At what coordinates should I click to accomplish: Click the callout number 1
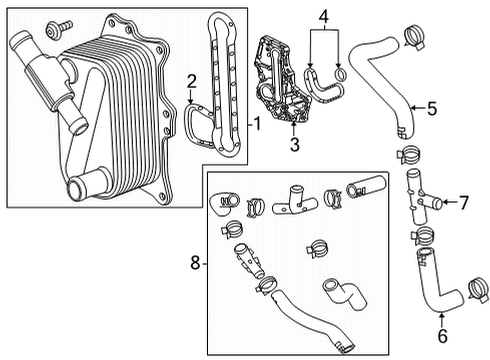pos(258,125)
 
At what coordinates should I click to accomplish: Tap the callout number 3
pos(293,144)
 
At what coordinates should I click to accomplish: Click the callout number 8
pos(196,265)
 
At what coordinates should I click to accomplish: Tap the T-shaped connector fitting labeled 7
pos(419,197)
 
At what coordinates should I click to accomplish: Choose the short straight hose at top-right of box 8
pos(362,188)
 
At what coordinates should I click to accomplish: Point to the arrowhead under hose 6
pos(442,318)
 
